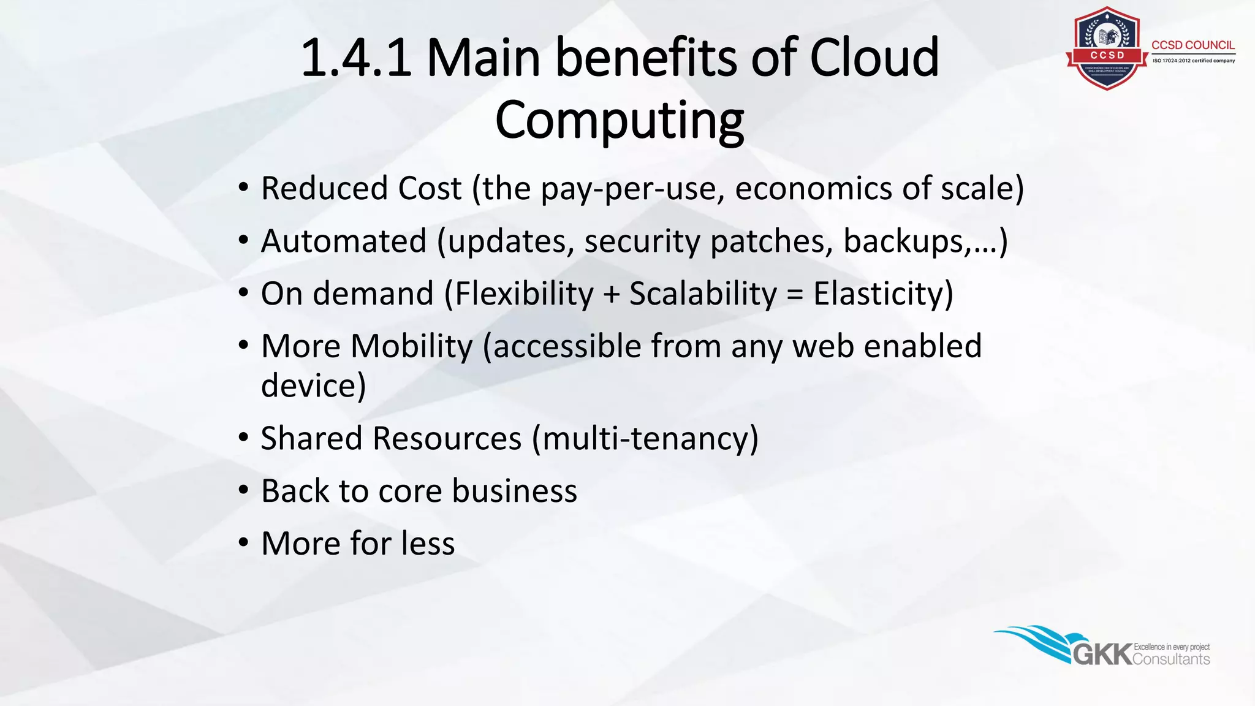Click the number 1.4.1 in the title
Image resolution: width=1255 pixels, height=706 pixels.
(x=356, y=58)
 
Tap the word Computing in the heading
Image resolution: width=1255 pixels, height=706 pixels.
(x=619, y=120)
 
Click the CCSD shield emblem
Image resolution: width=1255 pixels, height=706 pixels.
(x=1107, y=49)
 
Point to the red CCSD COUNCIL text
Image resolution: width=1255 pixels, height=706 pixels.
(x=1192, y=45)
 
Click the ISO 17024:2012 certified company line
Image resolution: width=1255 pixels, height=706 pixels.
(x=1193, y=61)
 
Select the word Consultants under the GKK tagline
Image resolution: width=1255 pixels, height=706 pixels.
(x=1171, y=659)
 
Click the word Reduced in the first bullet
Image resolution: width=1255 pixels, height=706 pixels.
(x=324, y=188)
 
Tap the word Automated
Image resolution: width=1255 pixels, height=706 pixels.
(x=343, y=241)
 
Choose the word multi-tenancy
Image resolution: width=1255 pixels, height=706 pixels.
(x=645, y=439)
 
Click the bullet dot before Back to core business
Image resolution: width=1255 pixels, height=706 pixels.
(x=243, y=490)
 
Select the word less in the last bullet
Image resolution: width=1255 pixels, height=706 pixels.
(x=428, y=544)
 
